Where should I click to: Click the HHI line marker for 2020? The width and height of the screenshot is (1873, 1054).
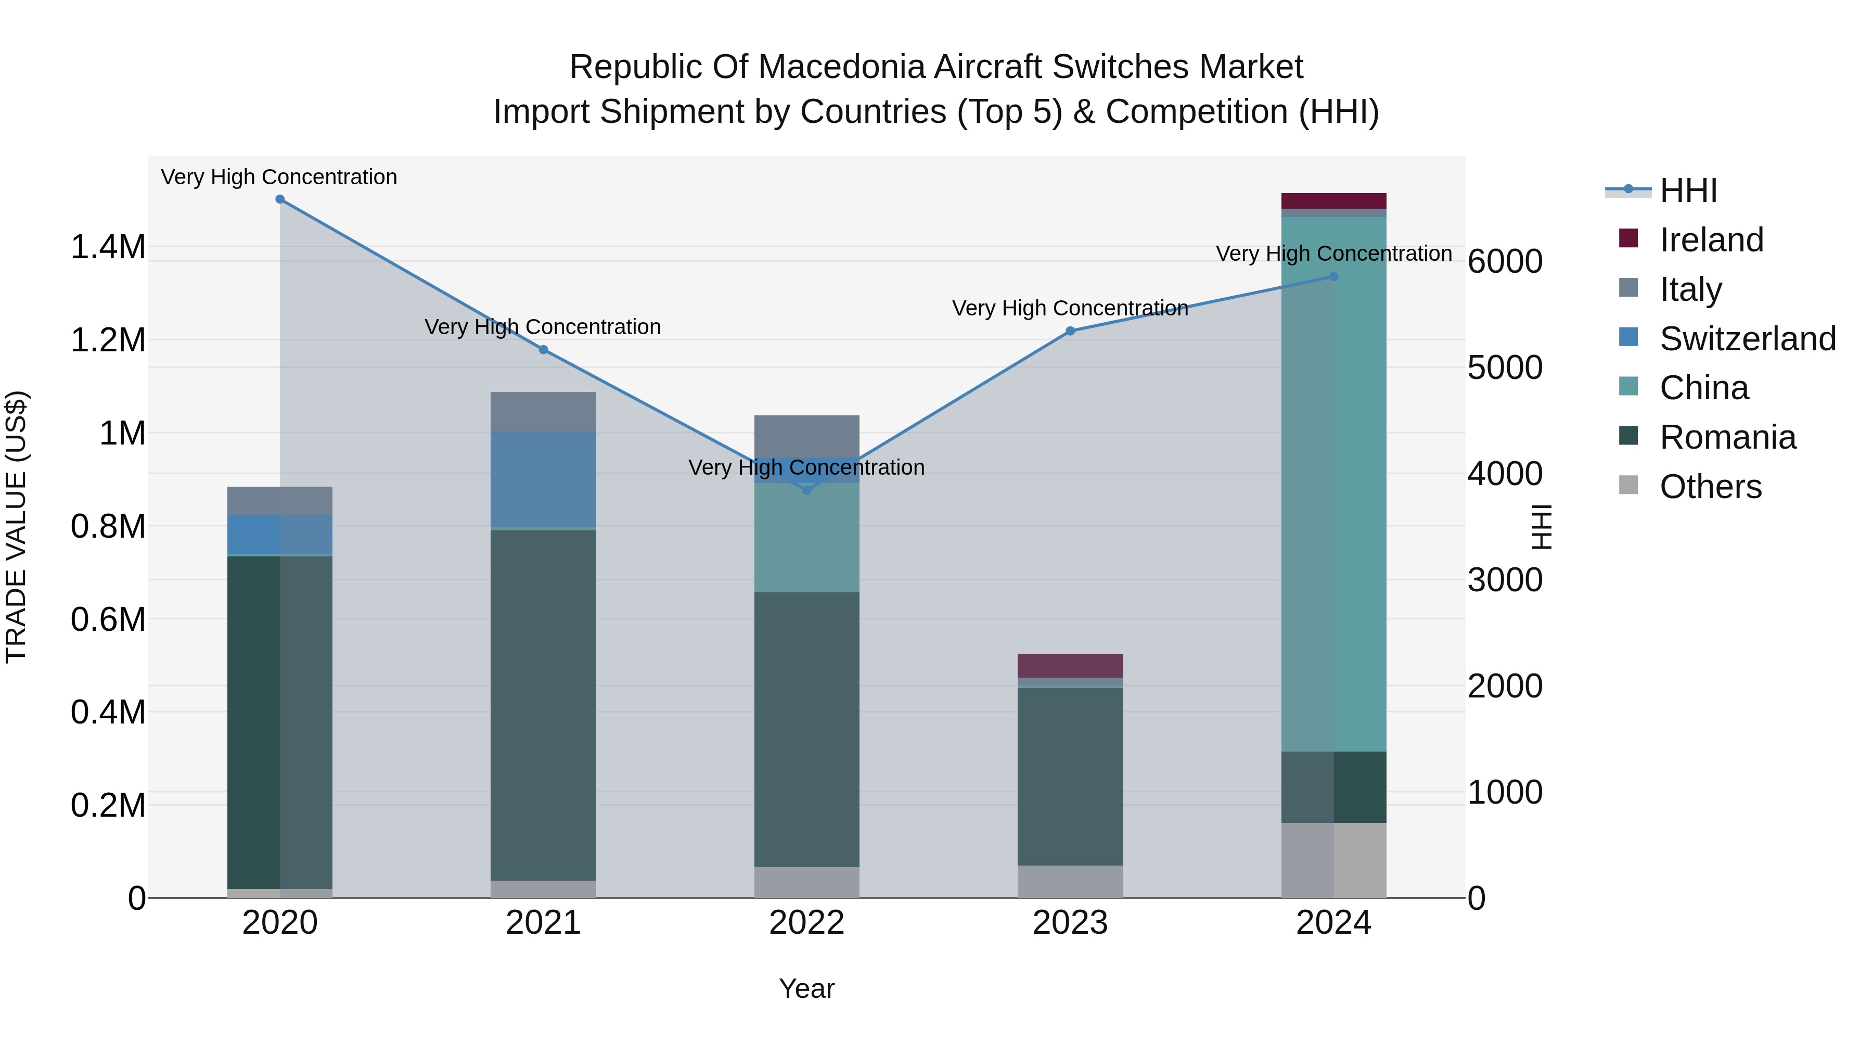coord(280,199)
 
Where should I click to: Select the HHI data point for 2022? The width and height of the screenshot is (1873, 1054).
coord(806,490)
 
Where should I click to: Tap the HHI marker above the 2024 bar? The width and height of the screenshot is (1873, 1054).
coord(1333,276)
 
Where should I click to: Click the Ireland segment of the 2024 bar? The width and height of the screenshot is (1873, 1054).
coord(1333,201)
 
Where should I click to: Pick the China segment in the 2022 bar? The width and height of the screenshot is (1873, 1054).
coord(806,538)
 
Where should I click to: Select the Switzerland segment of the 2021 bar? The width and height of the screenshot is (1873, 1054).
coord(543,479)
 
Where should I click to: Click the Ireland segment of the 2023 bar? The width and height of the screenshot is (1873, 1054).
coord(1070,666)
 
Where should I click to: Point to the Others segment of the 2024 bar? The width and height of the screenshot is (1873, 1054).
coord(1333,860)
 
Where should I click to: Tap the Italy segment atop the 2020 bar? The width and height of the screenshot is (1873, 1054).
coord(280,500)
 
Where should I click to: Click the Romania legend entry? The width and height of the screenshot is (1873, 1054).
coord(1727,437)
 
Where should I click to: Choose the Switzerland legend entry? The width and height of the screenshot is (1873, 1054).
coord(1747,339)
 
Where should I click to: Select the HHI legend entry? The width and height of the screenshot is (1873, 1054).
coord(1688,191)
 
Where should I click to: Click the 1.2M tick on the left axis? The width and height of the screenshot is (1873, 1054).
coord(108,340)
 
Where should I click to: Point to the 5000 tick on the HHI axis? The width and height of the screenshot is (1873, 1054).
coord(1504,368)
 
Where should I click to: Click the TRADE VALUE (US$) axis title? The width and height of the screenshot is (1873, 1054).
coord(16,527)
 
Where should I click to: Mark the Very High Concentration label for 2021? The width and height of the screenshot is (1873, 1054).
coord(543,327)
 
